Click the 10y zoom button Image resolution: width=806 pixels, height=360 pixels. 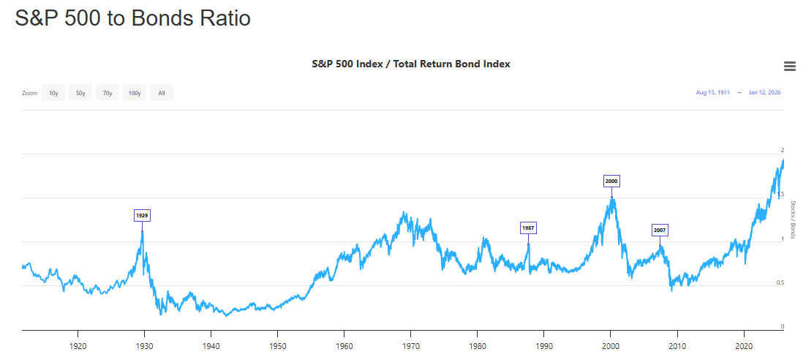pos(53,93)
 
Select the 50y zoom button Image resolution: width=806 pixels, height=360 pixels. pos(80,93)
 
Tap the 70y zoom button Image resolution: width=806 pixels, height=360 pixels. pos(108,93)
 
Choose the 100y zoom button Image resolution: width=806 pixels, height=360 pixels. pos(135,93)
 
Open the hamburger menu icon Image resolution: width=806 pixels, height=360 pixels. pos(789,66)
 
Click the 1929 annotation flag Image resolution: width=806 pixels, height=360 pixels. pos(142,215)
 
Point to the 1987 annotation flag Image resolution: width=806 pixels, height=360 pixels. pos(528,228)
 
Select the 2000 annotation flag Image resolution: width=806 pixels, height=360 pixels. pos(611,181)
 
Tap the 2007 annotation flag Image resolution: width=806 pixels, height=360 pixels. pos(660,230)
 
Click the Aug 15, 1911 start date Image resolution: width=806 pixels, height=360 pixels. pos(712,93)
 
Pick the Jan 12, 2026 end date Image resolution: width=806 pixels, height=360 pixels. pos(764,93)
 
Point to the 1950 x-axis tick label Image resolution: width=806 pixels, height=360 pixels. pos(277,345)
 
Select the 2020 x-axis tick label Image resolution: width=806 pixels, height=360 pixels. pos(744,345)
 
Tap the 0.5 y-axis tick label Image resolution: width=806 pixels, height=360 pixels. pos(782,282)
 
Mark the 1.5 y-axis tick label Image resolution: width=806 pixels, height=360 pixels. pos(782,195)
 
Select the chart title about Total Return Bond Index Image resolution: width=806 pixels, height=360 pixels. pos(410,64)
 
